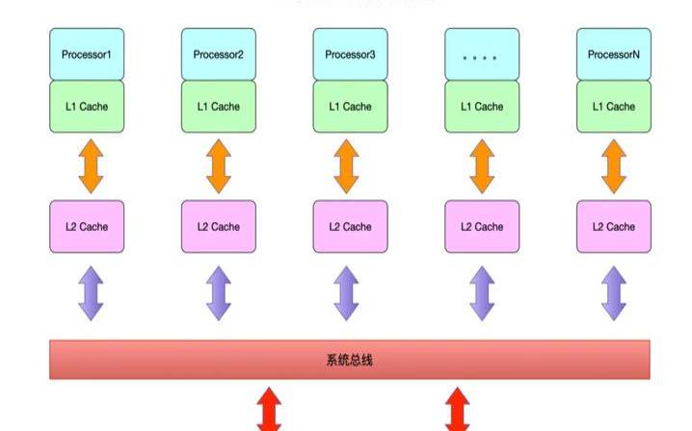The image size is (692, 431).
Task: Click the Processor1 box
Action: click(87, 55)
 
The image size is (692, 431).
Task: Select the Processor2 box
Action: click(219, 55)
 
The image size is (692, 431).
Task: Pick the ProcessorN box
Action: click(614, 55)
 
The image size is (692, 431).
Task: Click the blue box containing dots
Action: click(482, 55)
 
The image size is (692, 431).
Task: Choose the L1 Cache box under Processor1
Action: click(87, 107)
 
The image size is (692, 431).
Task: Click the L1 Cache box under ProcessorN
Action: click(614, 107)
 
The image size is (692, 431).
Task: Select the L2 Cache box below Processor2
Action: click(219, 227)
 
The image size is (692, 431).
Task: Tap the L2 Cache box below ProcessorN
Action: click(614, 227)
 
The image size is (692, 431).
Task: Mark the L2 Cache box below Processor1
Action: click(87, 227)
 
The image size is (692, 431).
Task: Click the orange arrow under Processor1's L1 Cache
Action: click(88, 166)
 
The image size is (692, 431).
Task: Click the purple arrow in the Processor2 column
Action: click(219, 293)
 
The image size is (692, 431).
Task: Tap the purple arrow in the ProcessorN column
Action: click(614, 293)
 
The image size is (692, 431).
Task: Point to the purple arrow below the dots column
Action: click(482, 293)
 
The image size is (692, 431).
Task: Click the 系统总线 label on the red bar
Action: click(349, 361)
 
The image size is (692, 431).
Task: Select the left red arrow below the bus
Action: click(269, 409)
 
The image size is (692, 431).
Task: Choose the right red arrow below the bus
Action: click(458, 409)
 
